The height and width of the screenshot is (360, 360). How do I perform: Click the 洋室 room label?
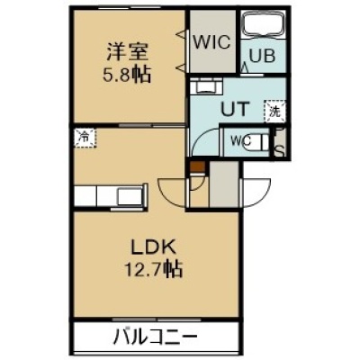click(x=127, y=52)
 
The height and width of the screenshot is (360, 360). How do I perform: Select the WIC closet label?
click(x=211, y=42)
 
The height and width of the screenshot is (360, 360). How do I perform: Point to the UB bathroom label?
click(x=262, y=56)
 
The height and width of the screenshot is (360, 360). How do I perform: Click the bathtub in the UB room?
click(x=263, y=24)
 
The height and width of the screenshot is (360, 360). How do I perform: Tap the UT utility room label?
click(x=236, y=108)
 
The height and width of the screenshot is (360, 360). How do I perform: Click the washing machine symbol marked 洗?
click(x=274, y=112)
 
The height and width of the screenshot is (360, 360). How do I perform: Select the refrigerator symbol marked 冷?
click(x=85, y=138)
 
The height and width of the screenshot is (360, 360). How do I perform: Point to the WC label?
click(x=240, y=141)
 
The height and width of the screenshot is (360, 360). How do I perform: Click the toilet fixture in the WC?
click(x=258, y=142)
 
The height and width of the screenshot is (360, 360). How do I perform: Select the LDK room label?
click(x=152, y=248)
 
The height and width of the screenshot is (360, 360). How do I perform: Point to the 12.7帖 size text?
click(x=153, y=270)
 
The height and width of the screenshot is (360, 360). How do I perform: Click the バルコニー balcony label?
click(x=156, y=337)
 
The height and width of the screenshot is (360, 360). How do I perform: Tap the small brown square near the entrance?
click(x=197, y=166)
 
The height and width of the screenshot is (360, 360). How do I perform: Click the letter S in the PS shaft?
click(x=280, y=152)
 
